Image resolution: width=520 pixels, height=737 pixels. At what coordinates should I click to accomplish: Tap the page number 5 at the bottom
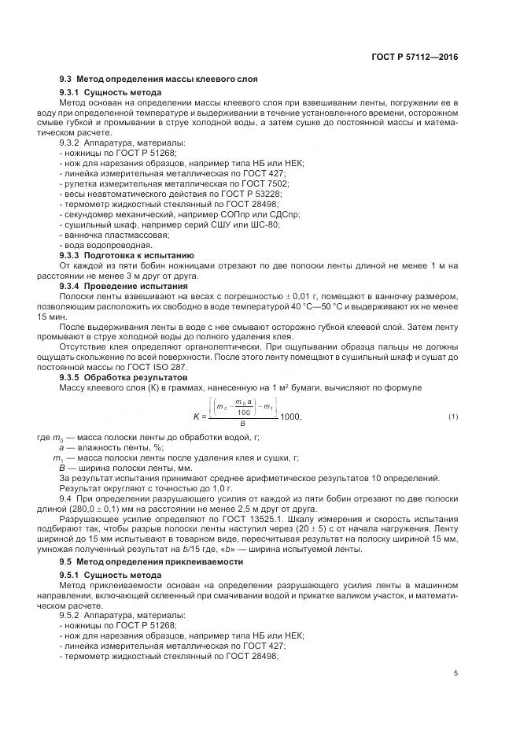(x=455, y=673)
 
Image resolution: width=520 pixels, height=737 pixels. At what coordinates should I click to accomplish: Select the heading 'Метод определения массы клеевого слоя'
(x=169, y=80)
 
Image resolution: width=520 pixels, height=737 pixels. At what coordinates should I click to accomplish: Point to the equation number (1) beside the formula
(x=453, y=416)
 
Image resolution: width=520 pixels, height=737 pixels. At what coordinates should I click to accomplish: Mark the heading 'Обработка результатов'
(x=131, y=376)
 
